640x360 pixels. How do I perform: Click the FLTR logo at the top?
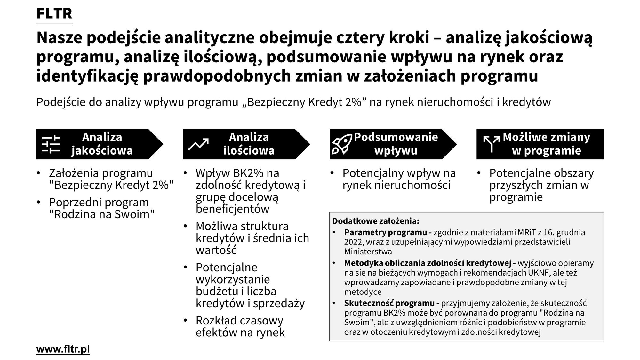point(54,14)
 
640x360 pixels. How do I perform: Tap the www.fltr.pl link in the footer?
point(63,349)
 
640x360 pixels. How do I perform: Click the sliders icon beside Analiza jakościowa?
point(51,144)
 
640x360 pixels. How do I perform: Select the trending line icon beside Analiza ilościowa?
point(198,144)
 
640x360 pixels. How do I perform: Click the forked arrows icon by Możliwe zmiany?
point(491,144)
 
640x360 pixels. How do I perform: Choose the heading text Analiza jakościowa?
point(102,144)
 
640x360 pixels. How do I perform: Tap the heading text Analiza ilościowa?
point(249,144)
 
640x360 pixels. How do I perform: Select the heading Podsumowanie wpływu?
point(396,144)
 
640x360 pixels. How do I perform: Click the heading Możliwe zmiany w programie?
point(546,144)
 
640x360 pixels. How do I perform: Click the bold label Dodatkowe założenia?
point(376,221)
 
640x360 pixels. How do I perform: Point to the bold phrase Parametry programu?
point(386,232)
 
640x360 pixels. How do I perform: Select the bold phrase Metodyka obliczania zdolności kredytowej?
point(428,263)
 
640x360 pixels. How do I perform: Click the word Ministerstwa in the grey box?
point(368,252)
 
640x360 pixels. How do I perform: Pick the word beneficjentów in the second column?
point(233,209)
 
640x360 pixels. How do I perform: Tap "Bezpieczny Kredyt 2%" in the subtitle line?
point(307,102)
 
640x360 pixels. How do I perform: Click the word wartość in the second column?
point(216,250)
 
